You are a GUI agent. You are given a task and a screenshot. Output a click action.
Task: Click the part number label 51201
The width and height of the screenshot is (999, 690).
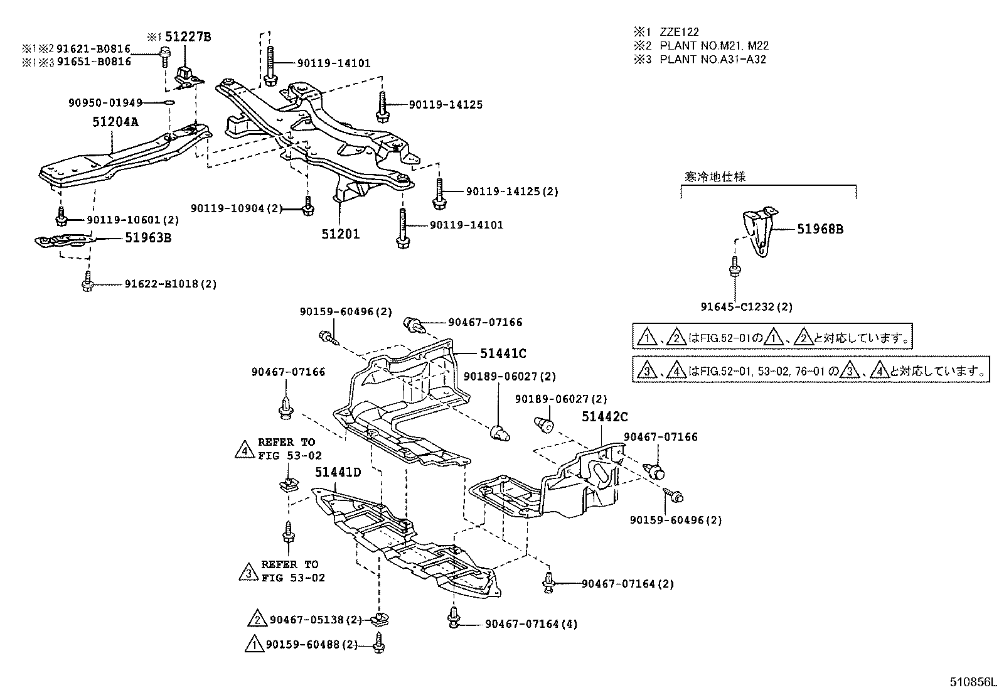[x=340, y=234]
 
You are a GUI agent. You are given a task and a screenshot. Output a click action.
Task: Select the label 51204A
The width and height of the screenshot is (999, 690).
[x=115, y=122]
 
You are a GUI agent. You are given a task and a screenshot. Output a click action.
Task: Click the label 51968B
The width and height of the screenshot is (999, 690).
[x=820, y=229]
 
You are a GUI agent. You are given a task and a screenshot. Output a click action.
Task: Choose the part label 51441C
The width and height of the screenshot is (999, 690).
[x=503, y=353]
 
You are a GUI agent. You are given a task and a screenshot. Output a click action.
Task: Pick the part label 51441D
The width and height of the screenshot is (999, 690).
[x=338, y=472]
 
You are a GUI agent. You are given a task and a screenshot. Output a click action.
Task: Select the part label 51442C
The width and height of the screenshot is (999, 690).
[x=604, y=416]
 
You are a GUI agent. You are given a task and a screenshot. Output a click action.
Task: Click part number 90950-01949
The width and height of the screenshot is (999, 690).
[x=105, y=102]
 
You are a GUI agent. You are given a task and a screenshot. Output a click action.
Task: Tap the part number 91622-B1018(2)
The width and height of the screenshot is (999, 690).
[x=170, y=284]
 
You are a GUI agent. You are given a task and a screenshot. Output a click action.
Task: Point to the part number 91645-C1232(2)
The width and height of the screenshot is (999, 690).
[x=746, y=307]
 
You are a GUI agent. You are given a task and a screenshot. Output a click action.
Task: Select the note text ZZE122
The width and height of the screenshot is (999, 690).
[x=679, y=31]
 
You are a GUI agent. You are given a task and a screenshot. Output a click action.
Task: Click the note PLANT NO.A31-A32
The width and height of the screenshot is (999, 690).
[x=713, y=59]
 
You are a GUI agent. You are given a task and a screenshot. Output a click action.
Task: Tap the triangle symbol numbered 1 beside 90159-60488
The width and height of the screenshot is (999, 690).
[x=254, y=645]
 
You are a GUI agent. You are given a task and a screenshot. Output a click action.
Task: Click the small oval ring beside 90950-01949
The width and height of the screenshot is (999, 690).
[x=169, y=102]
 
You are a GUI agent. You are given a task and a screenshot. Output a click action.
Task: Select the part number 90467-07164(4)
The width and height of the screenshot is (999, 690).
[x=531, y=623]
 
